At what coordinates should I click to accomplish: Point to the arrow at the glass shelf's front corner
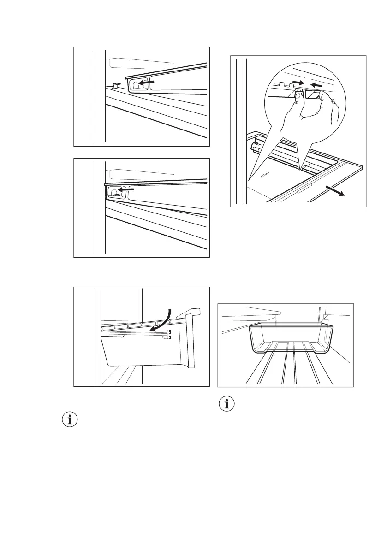coord(336,191)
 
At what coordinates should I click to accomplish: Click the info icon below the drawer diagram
coord(70,420)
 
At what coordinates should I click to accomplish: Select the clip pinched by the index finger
coord(314,94)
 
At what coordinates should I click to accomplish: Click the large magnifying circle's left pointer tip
coord(248,180)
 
